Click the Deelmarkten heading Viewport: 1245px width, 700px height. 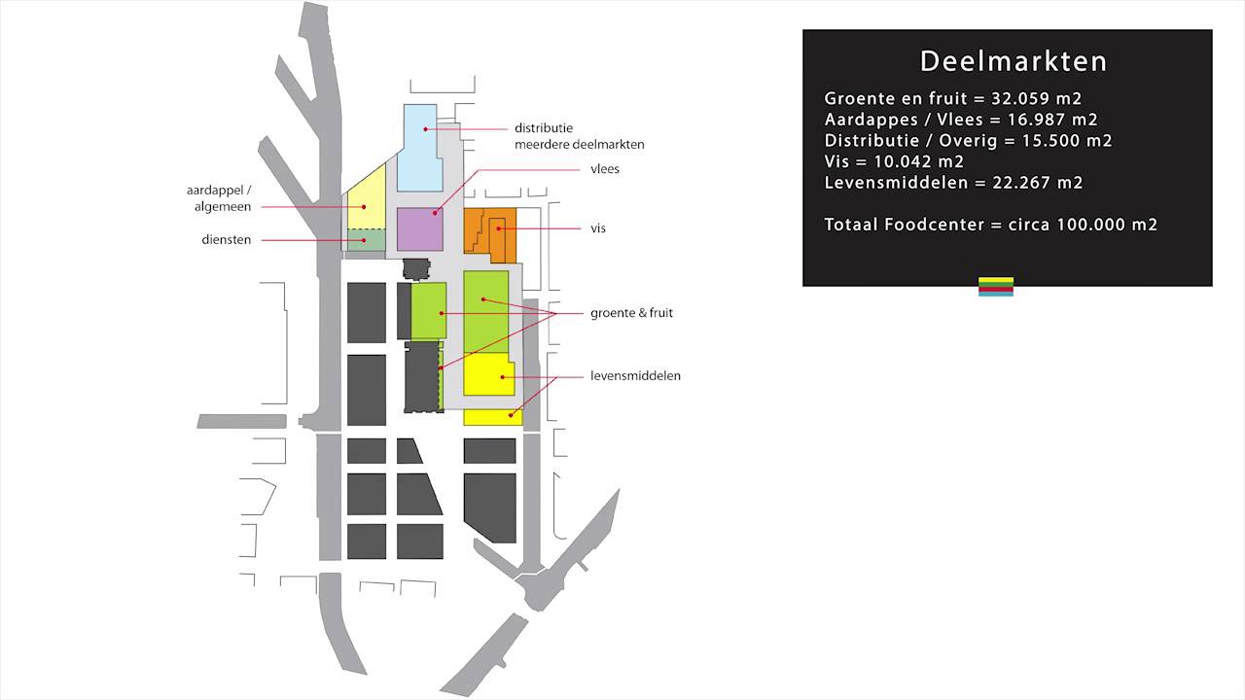click(1014, 61)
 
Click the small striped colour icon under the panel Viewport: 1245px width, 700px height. click(995, 286)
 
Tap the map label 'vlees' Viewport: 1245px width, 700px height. click(604, 169)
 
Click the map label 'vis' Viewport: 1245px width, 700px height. click(598, 228)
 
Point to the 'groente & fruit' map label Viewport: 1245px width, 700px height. click(631, 313)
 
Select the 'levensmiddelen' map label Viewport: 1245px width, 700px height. click(635, 375)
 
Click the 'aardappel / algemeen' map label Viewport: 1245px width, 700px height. click(218, 198)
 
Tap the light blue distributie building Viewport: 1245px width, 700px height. click(421, 146)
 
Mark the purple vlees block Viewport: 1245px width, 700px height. click(420, 230)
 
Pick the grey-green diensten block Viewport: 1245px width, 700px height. click(367, 240)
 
